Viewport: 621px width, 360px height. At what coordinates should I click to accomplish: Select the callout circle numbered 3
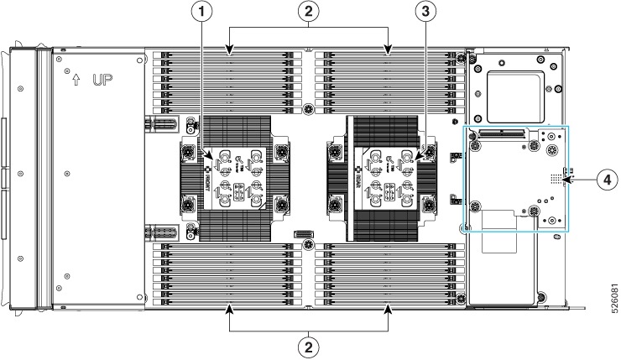point(426,13)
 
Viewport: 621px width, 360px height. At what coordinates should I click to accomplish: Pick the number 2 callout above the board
point(310,13)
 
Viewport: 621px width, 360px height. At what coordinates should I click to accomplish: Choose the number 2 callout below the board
point(310,345)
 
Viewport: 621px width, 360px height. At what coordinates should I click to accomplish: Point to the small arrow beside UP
point(77,80)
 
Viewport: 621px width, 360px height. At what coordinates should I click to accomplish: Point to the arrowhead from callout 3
point(417,157)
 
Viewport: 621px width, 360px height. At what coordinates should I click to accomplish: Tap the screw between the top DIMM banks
point(310,108)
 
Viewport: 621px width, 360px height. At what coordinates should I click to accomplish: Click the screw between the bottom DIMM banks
point(310,245)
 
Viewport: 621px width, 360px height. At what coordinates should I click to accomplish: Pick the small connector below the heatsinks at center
point(302,234)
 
